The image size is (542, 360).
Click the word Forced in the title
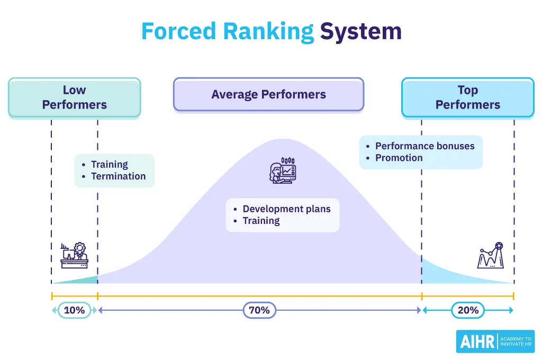click(x=176, y=31)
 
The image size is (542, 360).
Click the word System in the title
click(x=360, y=31)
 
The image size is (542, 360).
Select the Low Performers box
click(x=74, y=97)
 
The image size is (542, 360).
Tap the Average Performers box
click(x=268, y=95)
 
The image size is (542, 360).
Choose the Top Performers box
click(x=467, y=97)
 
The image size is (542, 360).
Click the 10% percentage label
click(x=74, y=310)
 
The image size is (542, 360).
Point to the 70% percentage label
click(x=259, y=310)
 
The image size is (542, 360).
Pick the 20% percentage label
click(x=468, y=310)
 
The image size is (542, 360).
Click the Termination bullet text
click(x=118, y=176)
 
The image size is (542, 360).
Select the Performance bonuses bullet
click(x=424, y=146)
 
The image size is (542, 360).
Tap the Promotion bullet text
click(x=399, y=158)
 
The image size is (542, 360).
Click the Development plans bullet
click(x=286, y=209)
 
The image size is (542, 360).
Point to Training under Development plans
click(x=261, y=221)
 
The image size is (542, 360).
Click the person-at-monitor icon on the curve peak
click(x=282, y=170)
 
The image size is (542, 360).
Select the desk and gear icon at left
click(x=74, y=256)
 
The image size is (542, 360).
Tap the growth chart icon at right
click(x=490, y=256)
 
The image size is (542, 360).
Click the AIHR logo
click(x=495, y=341)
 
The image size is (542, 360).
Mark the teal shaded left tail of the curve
click(x=85, y=280)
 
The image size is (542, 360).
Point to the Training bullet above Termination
click(x=109, y=165)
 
